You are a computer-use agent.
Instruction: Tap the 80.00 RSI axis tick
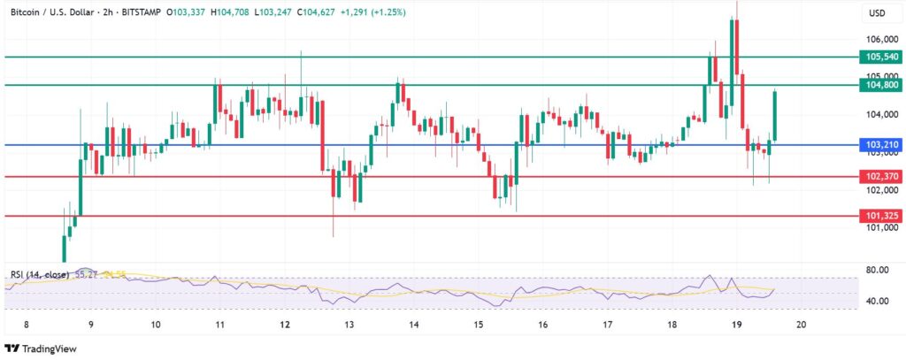(x=879, y=270)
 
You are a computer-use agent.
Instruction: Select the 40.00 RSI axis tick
(x=879, y=302)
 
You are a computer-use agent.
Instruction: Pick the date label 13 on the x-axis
(x=349, y=326)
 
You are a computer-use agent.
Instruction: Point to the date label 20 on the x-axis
(x=801, y=326)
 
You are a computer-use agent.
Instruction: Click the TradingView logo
(x=43, y=348)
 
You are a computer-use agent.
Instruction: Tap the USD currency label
(x=878, y=13)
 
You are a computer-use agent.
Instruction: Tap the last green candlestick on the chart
(x=774, y=115)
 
